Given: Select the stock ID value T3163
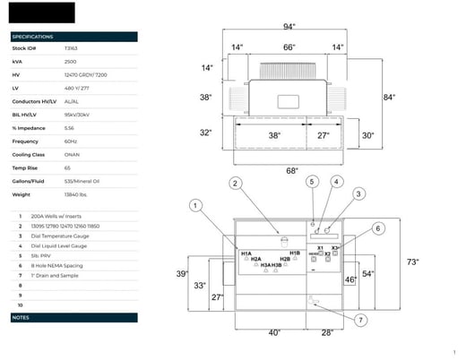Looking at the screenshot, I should click(71, 48).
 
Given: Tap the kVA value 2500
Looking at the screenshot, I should click(69, 61).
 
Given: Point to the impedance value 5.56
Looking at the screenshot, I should click(69, 127).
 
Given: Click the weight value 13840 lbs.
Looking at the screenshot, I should click(75, 193).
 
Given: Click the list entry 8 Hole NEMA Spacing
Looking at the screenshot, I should click(58, 265).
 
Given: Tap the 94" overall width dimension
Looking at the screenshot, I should click(289, 28).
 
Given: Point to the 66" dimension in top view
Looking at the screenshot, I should click(289, 47).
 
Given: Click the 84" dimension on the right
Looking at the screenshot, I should click(389, 97).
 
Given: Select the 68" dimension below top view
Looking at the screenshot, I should click(291, 171).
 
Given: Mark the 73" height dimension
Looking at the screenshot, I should click(413, 262).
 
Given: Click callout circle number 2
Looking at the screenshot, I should click(236, 184).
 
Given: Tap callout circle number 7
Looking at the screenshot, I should click(360, 320).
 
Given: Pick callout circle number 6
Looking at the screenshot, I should click(377, 229).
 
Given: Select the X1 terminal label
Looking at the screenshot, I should click(320, 248).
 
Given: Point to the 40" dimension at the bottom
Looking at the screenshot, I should click(274, 332).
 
